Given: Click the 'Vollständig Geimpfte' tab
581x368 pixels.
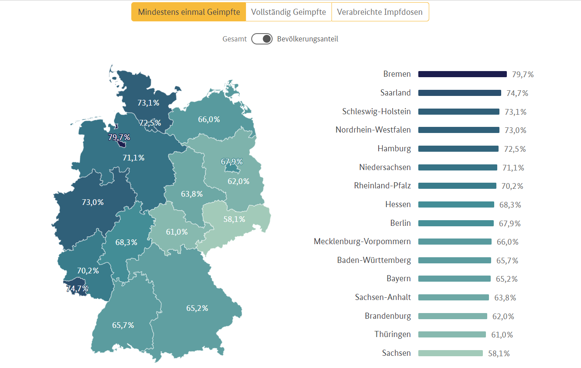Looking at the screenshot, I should [288, 12].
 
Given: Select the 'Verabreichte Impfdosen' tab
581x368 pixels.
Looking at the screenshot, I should [380, 12].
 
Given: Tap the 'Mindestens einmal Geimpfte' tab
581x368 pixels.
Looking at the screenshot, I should [188, 12].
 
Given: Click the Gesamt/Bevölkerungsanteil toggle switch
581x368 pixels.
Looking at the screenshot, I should [262, 39].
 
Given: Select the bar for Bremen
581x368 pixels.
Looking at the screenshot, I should [462, 74].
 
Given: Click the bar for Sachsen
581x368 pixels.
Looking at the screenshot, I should [450, 353].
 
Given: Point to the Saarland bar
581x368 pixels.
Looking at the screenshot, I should [459, 93].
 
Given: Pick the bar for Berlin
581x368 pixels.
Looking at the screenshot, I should [456, 223].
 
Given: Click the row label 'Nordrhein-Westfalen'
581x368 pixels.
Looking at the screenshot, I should [373, 130].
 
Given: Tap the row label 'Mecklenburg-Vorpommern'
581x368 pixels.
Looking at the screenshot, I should [362, 242].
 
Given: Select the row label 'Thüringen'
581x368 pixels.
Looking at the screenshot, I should [392, 334].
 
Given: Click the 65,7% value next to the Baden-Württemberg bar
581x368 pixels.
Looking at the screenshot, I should [507, 260].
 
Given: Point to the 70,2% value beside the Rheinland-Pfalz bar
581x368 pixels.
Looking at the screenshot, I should [512, 186].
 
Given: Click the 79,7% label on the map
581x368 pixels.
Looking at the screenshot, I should [119, 138].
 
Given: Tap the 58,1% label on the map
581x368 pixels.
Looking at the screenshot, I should [234, 219].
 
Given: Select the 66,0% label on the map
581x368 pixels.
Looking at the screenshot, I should [209, 119].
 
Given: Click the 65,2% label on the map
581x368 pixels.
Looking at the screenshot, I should [197, 308].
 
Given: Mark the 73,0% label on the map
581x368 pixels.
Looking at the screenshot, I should [93, 202].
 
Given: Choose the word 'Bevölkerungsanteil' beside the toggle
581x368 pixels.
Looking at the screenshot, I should [308, 39].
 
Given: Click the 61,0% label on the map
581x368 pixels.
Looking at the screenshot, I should [177, 232].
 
